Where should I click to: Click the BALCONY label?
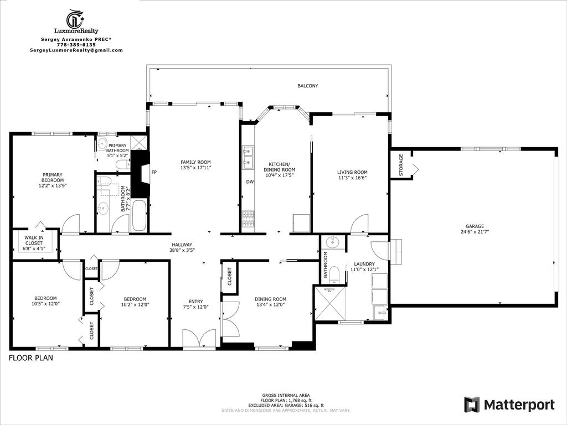click(x=307, y=86)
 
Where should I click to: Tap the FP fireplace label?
click(x=154, y=172)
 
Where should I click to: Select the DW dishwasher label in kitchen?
click(x=250, y=182)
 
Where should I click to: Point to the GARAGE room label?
click(x=475, y=226)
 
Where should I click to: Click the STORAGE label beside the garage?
click(x=401, y=163)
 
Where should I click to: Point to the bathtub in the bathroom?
click(x=138, y=216)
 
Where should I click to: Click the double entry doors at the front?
click(x=199, y=339)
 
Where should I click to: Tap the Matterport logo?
click(x=509, y=405)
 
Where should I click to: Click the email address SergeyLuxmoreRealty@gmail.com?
click(x=76, y=50)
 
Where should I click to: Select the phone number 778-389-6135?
click(x=76, y=45)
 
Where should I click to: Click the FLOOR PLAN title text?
click(x=30, y=358)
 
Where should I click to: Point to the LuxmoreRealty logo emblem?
click(x=75, y=19)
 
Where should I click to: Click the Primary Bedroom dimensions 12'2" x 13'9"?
click(x=53, y=186)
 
